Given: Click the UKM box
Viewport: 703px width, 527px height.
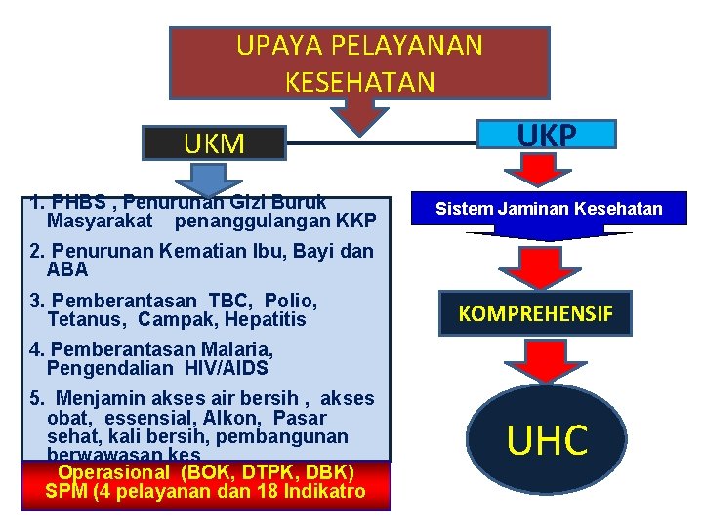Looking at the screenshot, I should pyautogui.click(x=214, y=144).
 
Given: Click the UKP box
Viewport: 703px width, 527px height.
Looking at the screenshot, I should pyautogui.click(x=547, y=135).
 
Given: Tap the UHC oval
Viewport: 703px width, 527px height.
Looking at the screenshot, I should pyautogui.click(x=548, y=439).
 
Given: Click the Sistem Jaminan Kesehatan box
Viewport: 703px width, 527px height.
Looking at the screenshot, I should pyautogui.click(x=549, y=209).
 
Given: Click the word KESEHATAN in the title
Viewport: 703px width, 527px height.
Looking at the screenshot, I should pyautogui.click(x=360, y=82).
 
